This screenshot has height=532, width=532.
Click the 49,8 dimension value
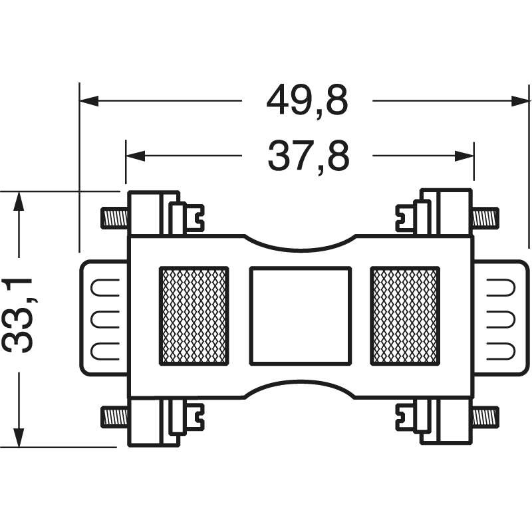point(307,102)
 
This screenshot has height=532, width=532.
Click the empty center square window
point(300,316)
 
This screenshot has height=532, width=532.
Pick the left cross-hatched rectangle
point(194,316)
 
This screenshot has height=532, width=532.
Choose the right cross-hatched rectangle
point(405,316)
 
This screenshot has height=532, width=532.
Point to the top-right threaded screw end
point(485,217)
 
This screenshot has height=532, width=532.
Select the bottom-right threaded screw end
point(485,417)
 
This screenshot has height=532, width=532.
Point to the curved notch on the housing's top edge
point(300,243)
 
